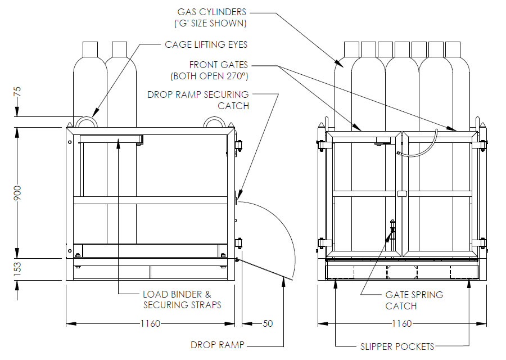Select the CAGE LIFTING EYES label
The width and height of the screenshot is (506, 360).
pyautogui.click(x=206, y=44)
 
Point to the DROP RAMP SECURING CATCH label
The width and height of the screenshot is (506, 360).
pyautogui.click(x=197, y=94)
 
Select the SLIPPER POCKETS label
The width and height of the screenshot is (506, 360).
pyautogui.click(x=397, y=345)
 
